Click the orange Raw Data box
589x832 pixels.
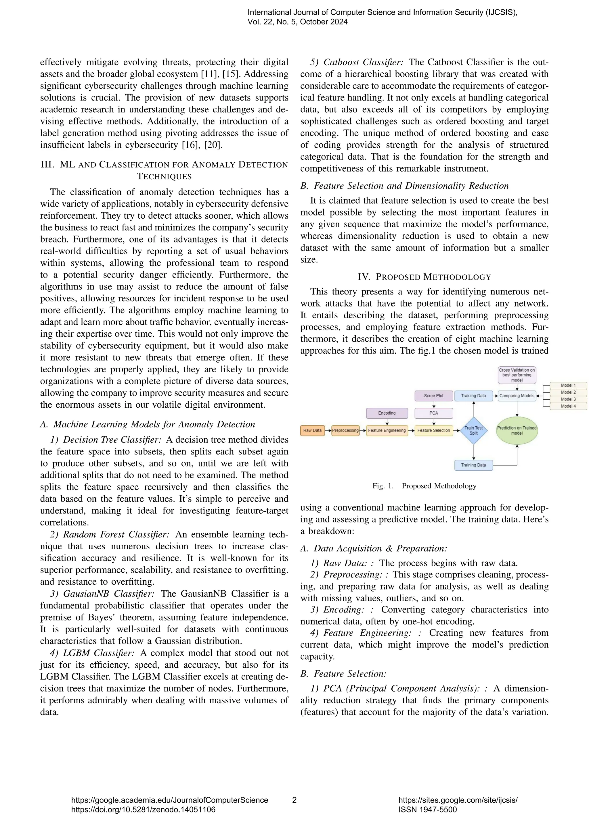tap(312, 430)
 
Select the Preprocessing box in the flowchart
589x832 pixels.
tap(345, 430)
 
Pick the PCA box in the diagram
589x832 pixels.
tap(433, 413)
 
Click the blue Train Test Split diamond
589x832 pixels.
tap(473, 430)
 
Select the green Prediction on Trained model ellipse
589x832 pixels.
tap(517, 430)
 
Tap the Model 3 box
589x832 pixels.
tap(568, 399)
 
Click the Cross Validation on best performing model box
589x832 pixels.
tap(517, 375)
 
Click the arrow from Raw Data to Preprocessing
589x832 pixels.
tap(327, 430)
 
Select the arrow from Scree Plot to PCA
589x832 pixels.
tap(434, 405)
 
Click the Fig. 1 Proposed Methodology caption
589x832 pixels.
tap(424, 486)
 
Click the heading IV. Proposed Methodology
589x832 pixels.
tap(424, 277)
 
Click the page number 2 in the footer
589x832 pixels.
tap(294, 800)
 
